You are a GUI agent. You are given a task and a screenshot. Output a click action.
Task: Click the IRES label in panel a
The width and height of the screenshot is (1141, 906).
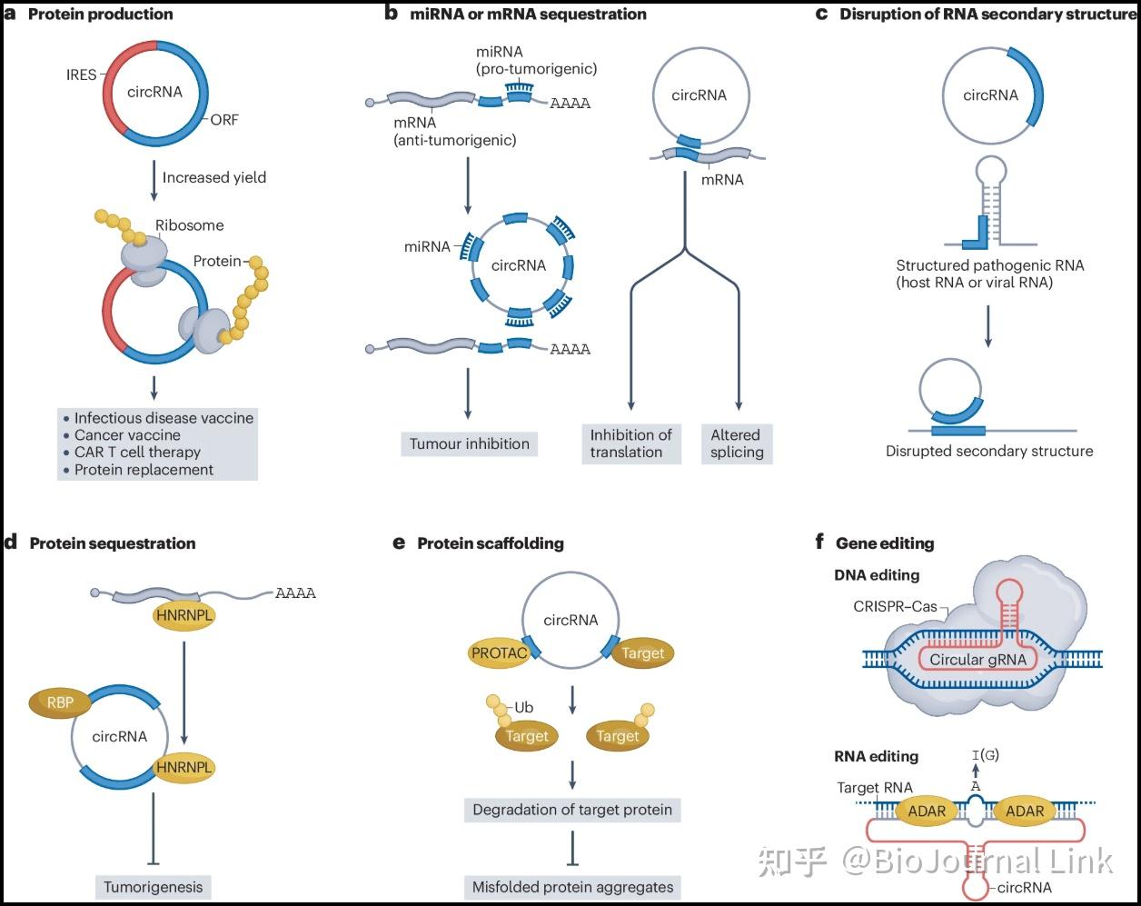click(81, 75)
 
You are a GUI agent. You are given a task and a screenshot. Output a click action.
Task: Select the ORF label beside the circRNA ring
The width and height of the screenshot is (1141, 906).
click(223, 119)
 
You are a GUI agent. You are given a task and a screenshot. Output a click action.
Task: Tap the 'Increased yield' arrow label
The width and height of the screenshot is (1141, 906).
click(214, 177)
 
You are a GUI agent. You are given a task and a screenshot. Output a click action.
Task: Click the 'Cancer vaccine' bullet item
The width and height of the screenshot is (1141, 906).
click(127, 435)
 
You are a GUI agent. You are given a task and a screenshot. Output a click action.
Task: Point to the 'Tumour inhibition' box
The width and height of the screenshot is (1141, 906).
click(469, 443)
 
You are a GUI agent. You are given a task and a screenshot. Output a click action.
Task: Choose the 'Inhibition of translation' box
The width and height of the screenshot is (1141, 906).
click(631, 443)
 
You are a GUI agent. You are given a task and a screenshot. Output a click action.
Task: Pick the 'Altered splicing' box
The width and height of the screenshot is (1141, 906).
click(736, 443)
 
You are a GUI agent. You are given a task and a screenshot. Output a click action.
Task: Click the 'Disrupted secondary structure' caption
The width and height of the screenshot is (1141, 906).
click(989, 451)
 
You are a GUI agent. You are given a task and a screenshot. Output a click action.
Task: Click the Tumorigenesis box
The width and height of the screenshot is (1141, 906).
click(154, 886)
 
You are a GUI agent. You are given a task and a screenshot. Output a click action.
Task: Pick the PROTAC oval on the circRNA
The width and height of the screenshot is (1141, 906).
click(500, 652)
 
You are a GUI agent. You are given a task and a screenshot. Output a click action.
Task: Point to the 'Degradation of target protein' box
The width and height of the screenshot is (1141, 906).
click(572, 810)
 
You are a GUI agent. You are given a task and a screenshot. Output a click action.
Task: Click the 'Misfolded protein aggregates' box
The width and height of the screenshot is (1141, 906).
click(572, 887)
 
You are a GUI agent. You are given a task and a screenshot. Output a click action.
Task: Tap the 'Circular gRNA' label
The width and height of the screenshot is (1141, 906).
click(977, 660)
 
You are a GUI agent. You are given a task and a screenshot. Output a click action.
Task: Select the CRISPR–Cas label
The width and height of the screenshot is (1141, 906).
click(895, 606)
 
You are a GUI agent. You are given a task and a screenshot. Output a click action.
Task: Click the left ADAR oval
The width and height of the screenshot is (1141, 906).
click(927, 811)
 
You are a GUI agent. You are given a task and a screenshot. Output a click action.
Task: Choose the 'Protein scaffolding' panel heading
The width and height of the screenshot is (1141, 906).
click(491, 543)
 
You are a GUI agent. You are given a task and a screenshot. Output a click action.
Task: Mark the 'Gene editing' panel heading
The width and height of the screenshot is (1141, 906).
click(884, 543)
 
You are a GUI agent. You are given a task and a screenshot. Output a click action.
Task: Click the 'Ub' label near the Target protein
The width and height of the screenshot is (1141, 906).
click(523, 707)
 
